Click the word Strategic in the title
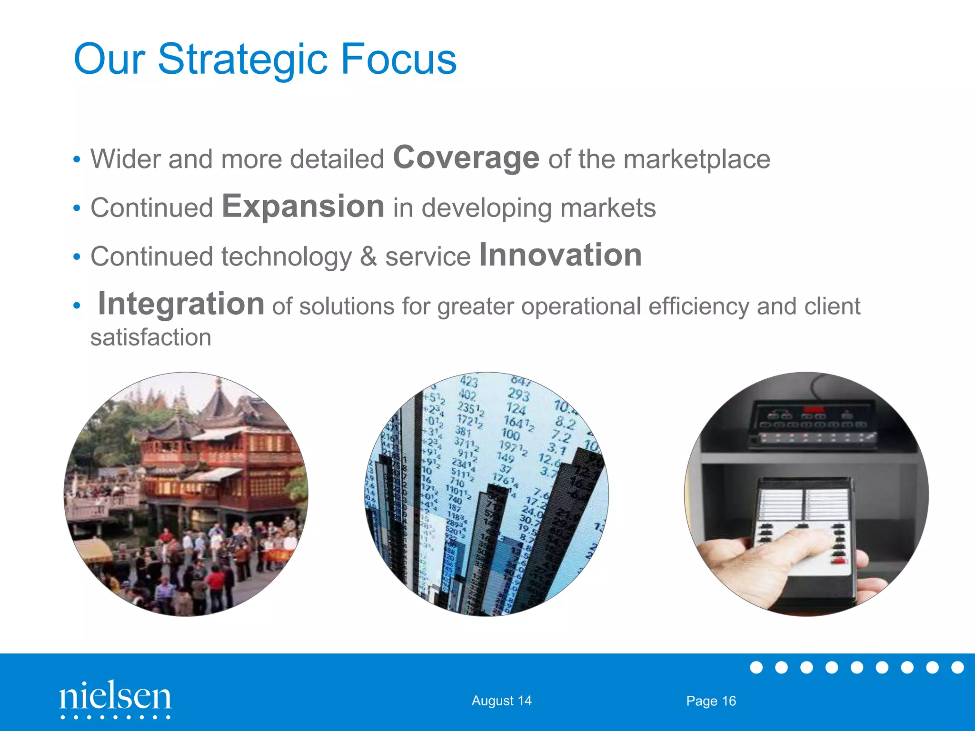(x=242, y=59)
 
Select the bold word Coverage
(x=466, y=158)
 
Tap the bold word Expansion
(x=303, y=207)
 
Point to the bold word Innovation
(x=560, y=255)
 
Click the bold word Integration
(x=181, y=304)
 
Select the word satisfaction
(x=150, y=337)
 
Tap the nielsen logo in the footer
(x=115, y=698)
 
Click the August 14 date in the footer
(x=501, y=701)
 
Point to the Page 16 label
(x=711, y=701)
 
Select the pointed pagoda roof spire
(x=219, y=388)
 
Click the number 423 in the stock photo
(x=469, y=382)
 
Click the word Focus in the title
(x=398, y=59)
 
